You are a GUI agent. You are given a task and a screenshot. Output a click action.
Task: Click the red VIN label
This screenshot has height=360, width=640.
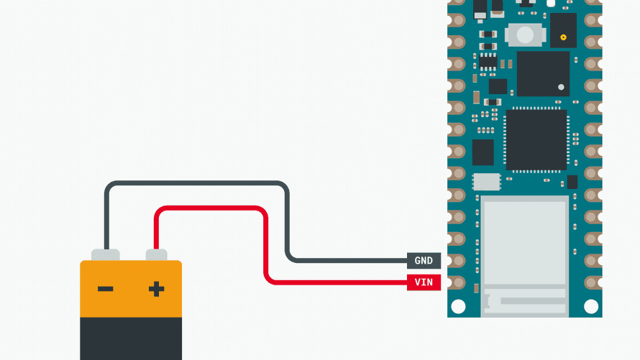point(424,282)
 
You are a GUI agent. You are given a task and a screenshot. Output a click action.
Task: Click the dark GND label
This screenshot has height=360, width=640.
point(424,261)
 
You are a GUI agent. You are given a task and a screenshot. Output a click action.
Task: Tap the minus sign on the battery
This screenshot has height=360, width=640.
point(106,289)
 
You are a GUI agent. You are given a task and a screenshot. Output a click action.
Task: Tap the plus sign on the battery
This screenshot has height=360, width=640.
point(156,289)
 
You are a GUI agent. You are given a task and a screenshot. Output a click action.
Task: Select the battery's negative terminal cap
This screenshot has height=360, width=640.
point(106,254)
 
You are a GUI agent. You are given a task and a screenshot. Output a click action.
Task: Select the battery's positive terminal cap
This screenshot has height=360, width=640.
point(156,254)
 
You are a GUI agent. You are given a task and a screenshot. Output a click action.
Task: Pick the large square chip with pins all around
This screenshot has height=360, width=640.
point(536,139)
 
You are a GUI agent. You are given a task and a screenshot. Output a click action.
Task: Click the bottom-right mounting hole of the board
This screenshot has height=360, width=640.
point(591,306)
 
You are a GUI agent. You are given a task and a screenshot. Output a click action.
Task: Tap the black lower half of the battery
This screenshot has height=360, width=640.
point(130,338)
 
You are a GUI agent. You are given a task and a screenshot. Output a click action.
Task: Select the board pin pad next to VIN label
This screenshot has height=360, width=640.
point(456,282)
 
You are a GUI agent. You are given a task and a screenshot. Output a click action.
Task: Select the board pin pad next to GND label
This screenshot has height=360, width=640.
point(456,261)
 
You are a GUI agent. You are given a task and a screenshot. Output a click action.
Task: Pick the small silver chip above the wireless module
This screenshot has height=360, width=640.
point(487,181)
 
